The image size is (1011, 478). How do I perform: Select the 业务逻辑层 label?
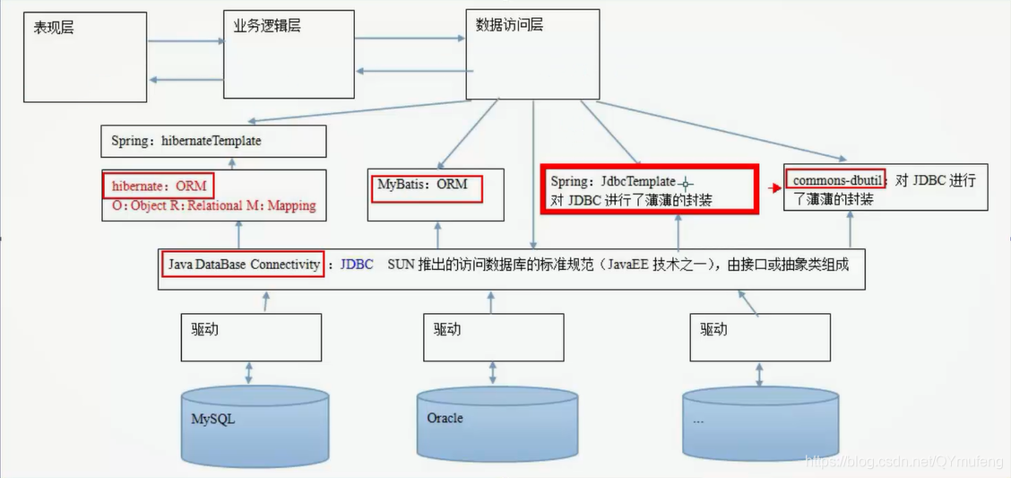pos(262,26)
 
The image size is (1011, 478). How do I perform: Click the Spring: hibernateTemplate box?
pos(213,141)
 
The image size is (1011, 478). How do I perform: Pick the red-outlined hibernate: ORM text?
pos(160,187)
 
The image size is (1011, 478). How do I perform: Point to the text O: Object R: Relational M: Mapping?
pos(213,205)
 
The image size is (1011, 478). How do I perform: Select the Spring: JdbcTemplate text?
pos(613,182)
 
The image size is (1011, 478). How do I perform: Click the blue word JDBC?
pos(356,265)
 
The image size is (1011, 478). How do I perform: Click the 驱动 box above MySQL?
pos(250,335)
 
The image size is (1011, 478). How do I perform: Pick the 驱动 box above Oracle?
pos(494,335)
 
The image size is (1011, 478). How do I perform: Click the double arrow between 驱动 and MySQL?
pos(248,371)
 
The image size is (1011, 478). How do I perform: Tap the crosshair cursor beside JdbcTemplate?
pos(687,183)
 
